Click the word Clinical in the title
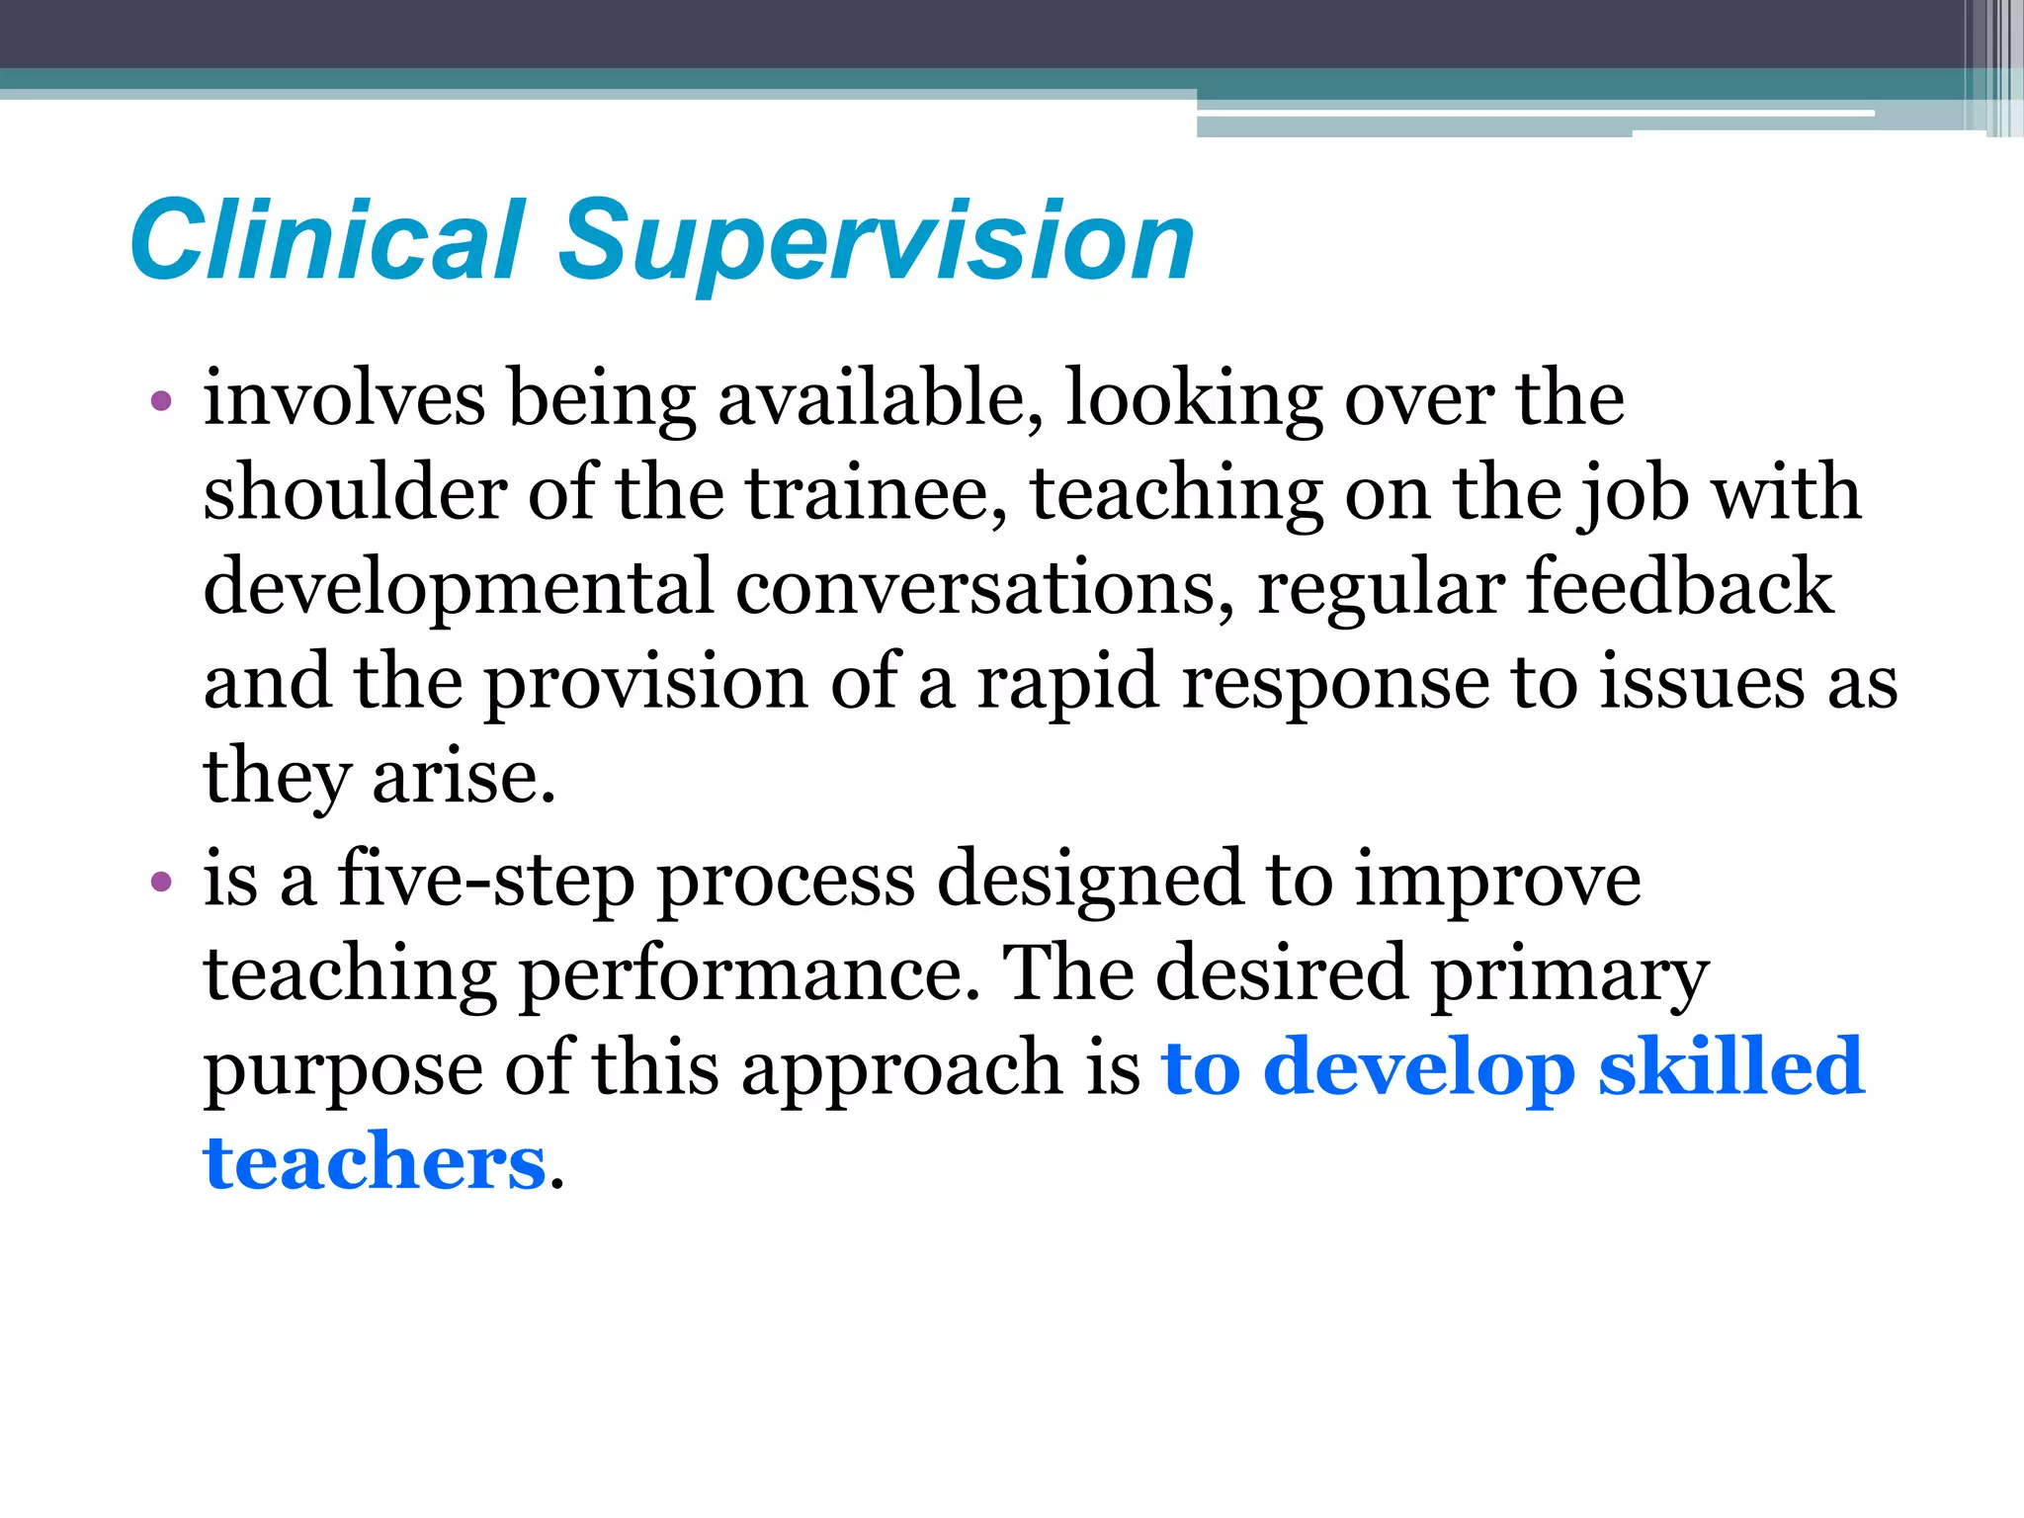[x=327, y=240]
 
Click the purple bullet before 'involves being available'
[x=161, y=401]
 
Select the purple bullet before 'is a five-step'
[x=161, y=881]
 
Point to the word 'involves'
[x=344, y=398]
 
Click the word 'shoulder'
[x=355, y=492]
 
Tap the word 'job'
[x=1632, y=494]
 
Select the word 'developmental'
[x=458, y=587]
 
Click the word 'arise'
[x=463, y=777]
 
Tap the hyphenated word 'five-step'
[x=486, y=880]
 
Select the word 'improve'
[x=1497, y=880]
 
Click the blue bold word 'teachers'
[x=375, y=1162]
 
